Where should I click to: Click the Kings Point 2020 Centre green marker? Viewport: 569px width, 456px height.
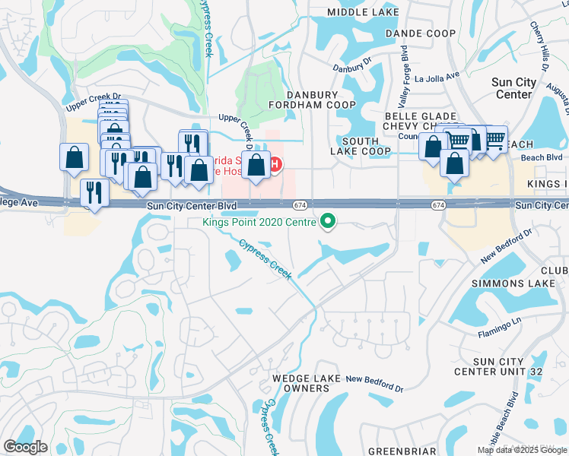(329, 222)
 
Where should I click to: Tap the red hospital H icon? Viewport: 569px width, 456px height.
(276, 163)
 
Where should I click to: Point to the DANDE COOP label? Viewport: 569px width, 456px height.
(420, 33)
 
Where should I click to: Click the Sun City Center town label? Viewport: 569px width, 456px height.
(513, 88)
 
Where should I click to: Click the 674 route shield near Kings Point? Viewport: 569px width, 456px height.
(300, 205)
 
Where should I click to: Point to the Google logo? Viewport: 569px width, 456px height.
(25, 447)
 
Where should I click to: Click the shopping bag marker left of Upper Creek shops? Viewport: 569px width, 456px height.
(74, 157)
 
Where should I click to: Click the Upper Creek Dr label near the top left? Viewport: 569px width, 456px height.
(95, 96)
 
